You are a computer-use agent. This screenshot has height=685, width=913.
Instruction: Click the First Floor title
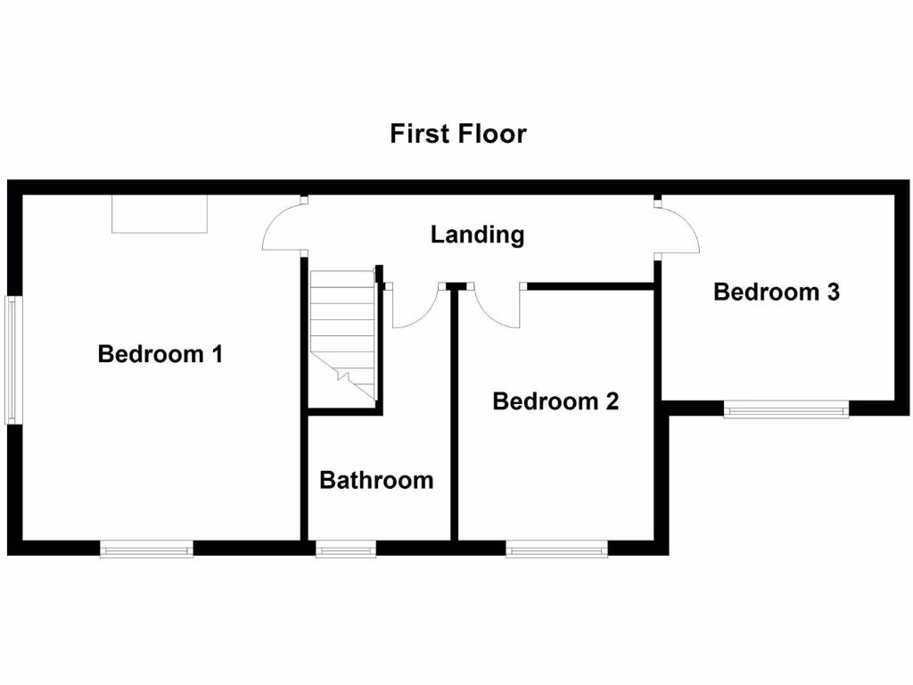(x=458, y=134)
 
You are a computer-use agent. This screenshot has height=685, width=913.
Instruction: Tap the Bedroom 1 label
(x=160, y=354)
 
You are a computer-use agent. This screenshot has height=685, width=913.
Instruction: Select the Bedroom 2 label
(x=555, y=401)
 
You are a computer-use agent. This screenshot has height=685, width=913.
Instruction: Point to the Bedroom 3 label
(x=776, y=292)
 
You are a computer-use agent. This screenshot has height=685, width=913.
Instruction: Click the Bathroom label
(x=376, y=481)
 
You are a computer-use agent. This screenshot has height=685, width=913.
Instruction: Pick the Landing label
(x=477, y=235)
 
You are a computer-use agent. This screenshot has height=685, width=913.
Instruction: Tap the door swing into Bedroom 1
(x=281, y=227)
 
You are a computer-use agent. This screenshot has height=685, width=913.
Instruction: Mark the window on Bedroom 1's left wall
(x=12, y=359)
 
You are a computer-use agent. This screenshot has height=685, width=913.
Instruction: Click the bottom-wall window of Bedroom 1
(x=147, y=549)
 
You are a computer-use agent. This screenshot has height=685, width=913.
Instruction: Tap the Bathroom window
(x=347, y=550)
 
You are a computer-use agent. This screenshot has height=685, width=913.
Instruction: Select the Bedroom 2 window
(x=557, y=549)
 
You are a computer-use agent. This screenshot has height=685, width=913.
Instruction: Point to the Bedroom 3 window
(x=786, y=409)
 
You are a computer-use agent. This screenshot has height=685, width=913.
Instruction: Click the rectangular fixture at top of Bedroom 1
(x=160, y=215)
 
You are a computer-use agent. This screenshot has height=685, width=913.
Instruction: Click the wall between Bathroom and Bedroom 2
(x=454, y=419)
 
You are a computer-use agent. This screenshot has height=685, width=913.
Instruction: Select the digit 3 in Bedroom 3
(x=832, y=292)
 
